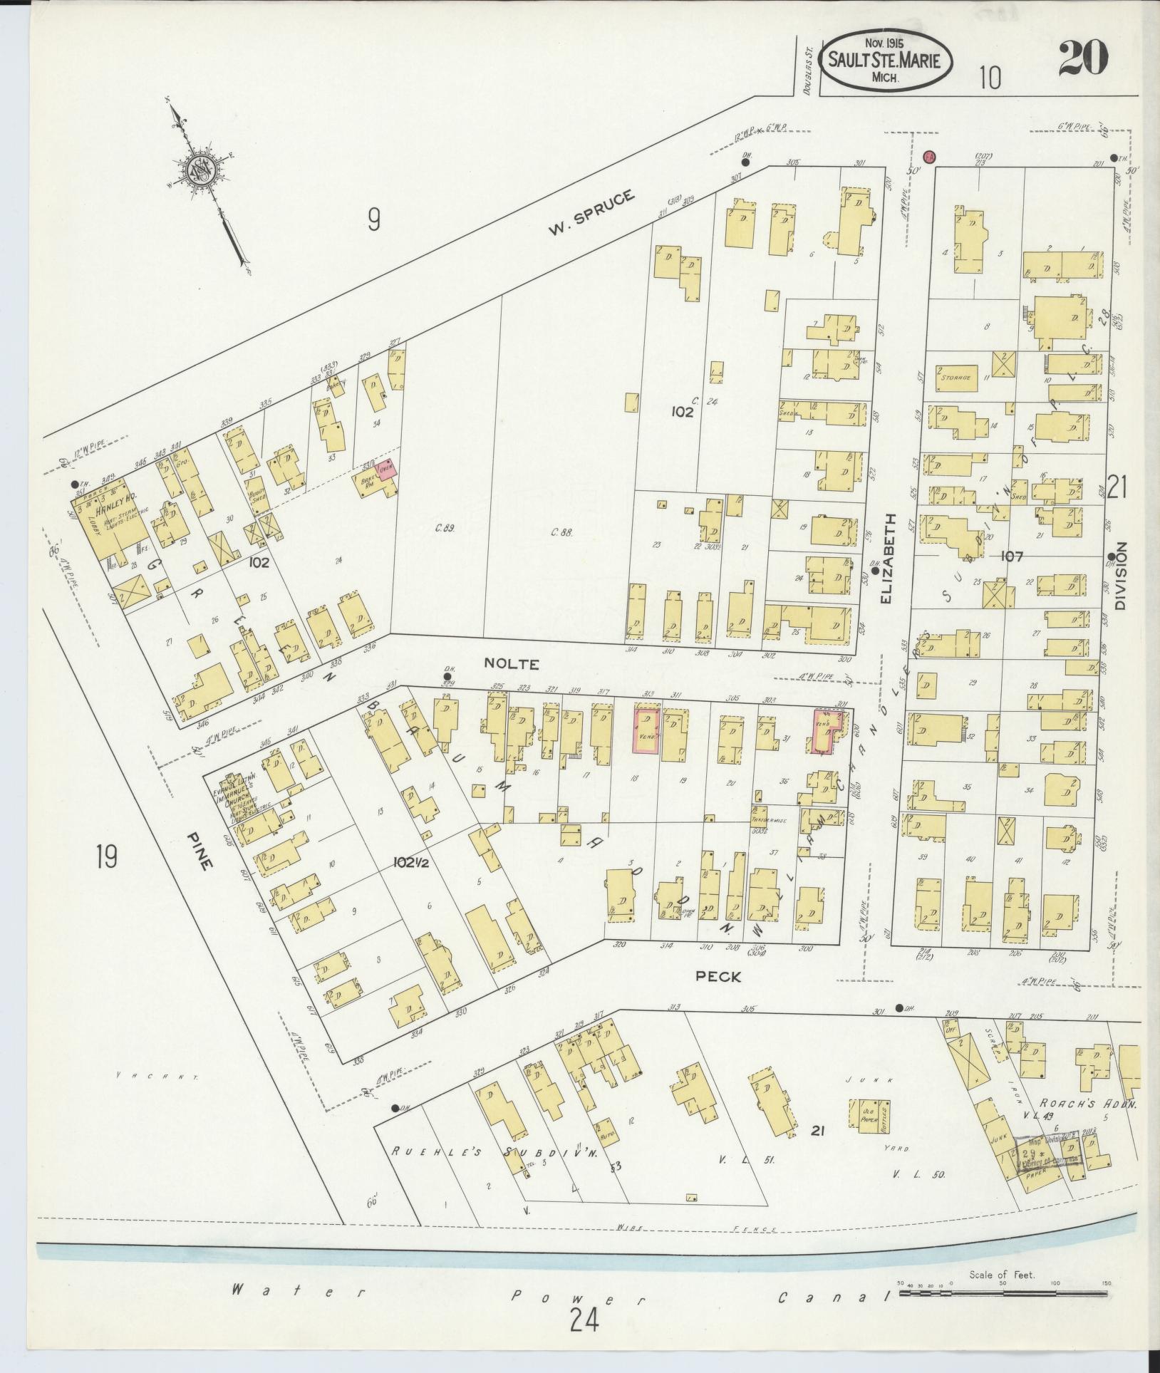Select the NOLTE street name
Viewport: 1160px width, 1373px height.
pos(511,663)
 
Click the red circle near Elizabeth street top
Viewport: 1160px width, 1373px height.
pos(929,156)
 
